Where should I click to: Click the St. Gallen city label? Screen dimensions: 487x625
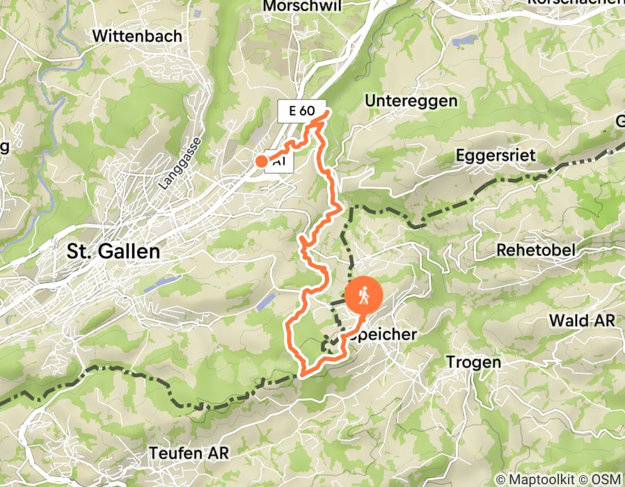click(x=113, y=251)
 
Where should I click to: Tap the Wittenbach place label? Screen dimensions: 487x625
click(x=137, y=35)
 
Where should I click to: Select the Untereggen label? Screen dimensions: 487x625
click(x=411, y=101)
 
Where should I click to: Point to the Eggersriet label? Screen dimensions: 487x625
click(x=496, y=154)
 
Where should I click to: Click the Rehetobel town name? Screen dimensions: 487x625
click(x=535, y=250)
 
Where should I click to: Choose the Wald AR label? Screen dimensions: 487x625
click(x=583, y=321)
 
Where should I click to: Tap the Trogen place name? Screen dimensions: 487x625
click(x=473, y=362)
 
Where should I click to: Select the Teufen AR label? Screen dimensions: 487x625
click(x=189, y=453)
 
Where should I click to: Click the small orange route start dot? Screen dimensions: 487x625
click(x=261, y=161)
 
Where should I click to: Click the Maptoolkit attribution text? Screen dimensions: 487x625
click(x=533, y=479)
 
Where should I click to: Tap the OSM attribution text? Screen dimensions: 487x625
click(x=607, y=479)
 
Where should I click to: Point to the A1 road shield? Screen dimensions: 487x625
click(x=280, y=162)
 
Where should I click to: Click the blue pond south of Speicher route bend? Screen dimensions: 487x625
click(x=265, y=301)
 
